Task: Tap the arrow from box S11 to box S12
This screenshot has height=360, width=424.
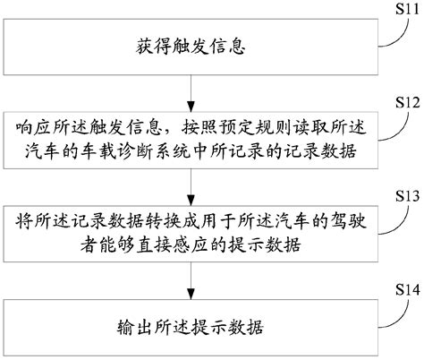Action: pos(191,91)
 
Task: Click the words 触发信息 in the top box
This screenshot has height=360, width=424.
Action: pos(208,43)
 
